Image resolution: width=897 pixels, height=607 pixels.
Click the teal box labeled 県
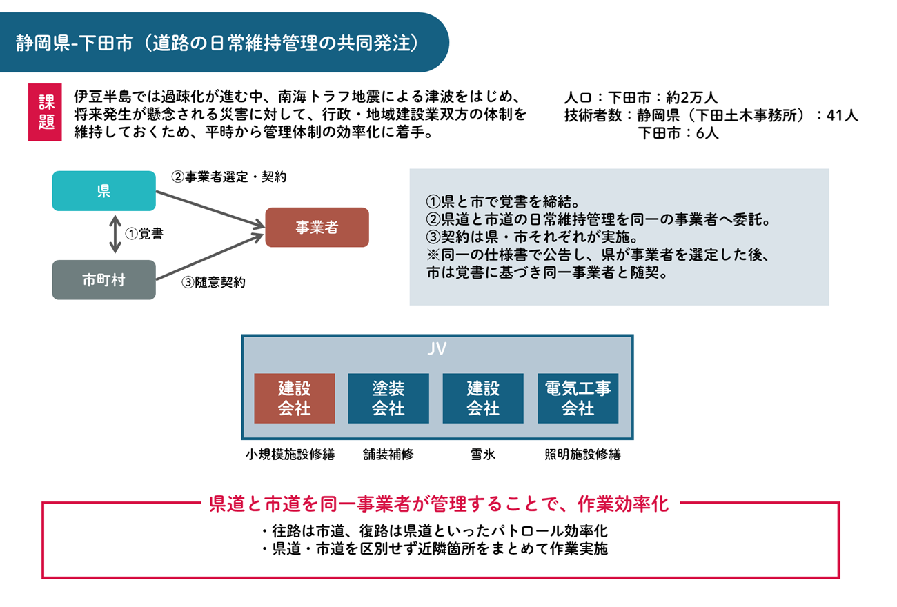click(x=103, y=191)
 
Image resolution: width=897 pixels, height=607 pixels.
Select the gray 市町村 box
click(x=103, y=280)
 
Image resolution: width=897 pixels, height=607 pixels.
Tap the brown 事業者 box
click(x=317, y=228)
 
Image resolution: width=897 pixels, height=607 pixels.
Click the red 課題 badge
click(x=45, y=112)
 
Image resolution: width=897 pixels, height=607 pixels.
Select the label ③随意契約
click(x=213, y=282)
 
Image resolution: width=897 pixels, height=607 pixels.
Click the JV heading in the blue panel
click(x=437, y=348)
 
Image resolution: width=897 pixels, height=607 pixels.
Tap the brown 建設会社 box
click(x=295, y=399)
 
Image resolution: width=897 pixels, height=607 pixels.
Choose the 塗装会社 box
click(x=388, y=399)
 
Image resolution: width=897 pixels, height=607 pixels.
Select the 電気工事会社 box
click(x=578, y=399)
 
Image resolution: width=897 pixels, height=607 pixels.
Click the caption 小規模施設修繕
click(x=290, y=455)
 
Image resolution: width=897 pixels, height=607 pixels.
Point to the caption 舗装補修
click(x=388, y=455)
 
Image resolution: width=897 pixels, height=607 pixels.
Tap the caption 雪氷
click(x=483, y=455)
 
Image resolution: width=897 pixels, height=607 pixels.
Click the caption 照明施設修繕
click(x=582, y=455)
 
